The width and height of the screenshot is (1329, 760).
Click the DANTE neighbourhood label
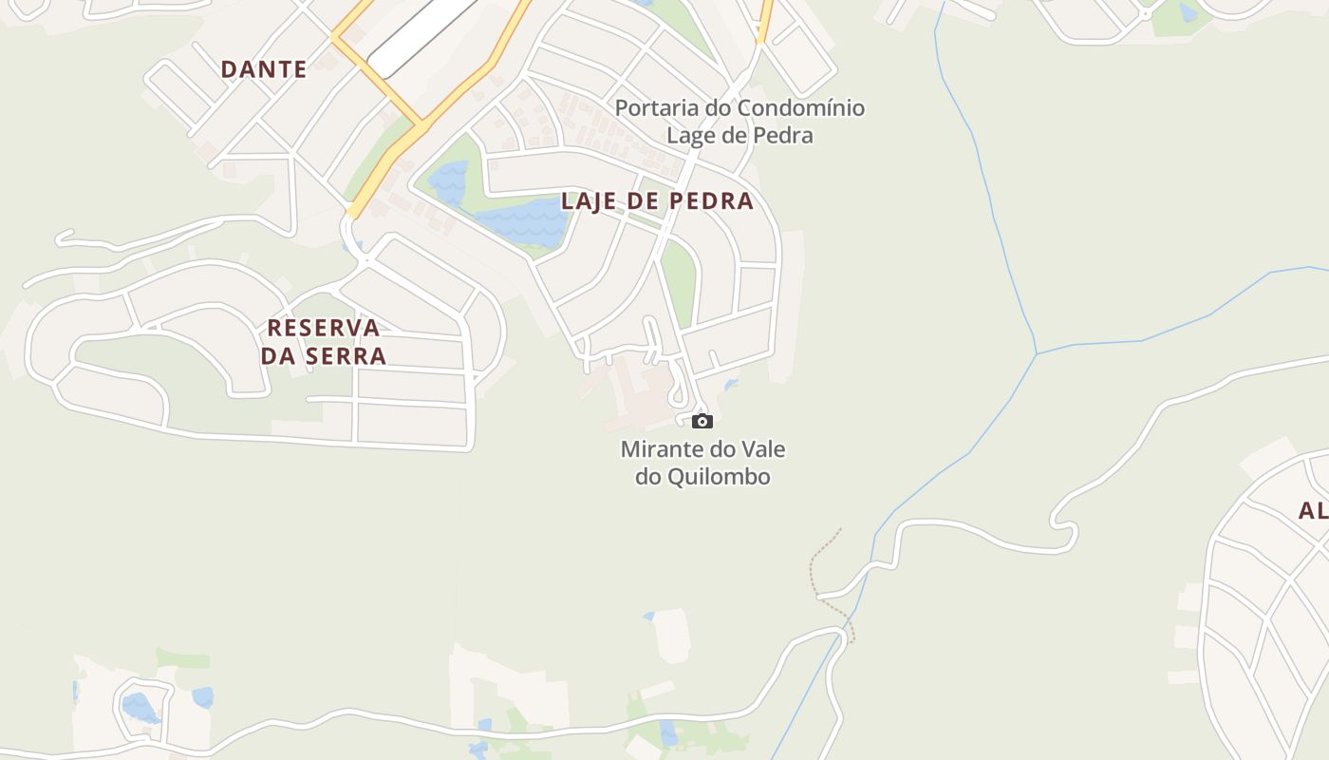click(263, 69)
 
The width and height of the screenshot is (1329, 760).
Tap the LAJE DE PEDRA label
click(657, 201)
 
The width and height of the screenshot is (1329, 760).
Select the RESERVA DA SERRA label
click(324, 342)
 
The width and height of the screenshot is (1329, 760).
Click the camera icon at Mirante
click(702, 421)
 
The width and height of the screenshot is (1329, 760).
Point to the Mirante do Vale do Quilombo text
click(702, 463)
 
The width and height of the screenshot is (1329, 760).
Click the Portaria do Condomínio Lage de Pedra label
click(739, 122)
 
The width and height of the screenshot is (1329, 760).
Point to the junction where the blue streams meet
click(1037, 353)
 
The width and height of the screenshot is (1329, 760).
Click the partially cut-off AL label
click(1313, 511)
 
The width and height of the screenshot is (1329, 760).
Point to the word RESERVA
click(324, 328)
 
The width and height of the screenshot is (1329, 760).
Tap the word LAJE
click(589, 201)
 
